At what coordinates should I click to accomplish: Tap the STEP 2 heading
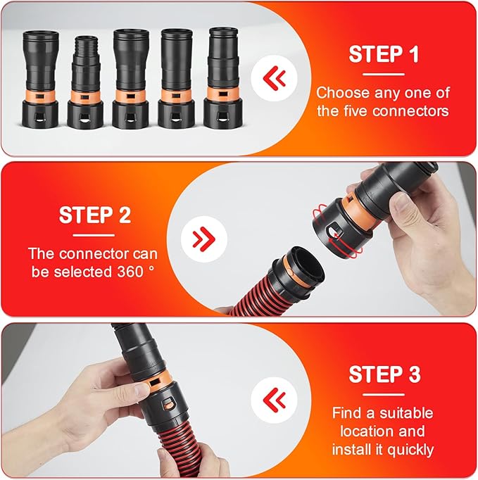(x=94, y=215)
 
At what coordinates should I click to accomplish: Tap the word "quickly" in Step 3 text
(x=410, y=449)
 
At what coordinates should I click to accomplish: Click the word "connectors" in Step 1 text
(x=416, y=110)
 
